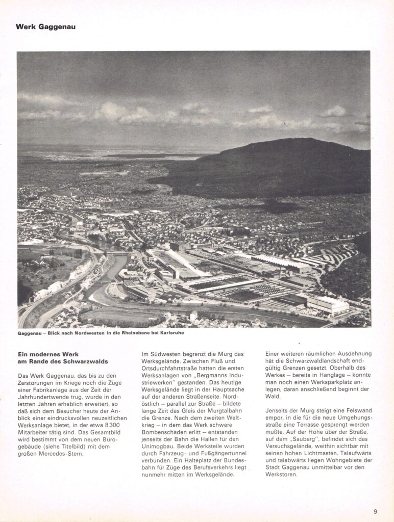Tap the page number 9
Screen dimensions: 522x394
375,512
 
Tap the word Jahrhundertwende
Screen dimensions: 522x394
46,397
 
